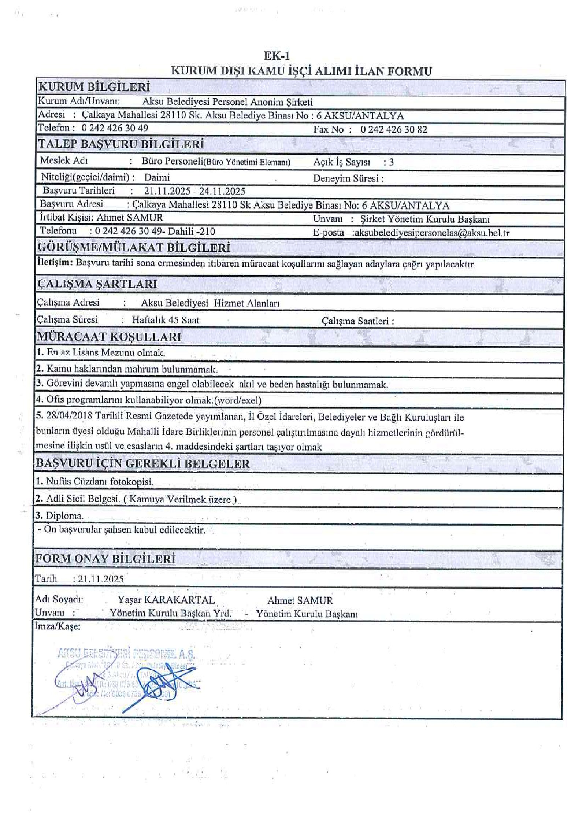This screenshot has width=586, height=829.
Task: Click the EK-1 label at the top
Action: (277, 56)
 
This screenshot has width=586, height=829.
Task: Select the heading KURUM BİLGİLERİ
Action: (94, 87)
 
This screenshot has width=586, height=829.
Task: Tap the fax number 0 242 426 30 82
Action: (394, 129)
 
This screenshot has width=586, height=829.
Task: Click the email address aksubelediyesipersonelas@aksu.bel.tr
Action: (431, 233)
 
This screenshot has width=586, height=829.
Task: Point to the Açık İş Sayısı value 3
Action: (391, 162)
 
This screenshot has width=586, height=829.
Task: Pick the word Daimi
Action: (157, 178)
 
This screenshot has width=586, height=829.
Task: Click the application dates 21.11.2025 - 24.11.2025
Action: (194, 191)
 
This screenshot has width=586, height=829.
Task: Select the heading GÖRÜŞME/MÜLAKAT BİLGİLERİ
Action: (134, 248)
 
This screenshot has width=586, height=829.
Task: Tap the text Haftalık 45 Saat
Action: (166, 320)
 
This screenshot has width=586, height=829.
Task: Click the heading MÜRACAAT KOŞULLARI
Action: (109, 337)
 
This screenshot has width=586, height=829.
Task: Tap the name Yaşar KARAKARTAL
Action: (166, 600)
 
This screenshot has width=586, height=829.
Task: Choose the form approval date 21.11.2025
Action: (101, 579)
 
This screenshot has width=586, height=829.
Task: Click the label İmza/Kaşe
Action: (57, 626)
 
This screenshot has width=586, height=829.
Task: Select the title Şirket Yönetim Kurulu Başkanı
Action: (425, 219)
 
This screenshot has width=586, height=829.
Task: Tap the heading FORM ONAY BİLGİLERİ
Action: (105, 559)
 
